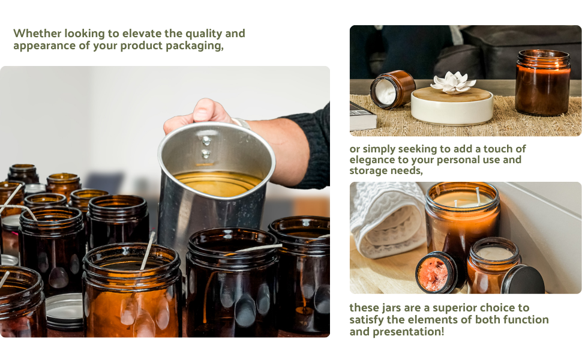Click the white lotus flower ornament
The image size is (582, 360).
click(x=453, y=82)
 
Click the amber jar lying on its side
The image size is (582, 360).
click(x=391, y=89)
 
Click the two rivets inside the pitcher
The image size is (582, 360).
click(x=206, y=147)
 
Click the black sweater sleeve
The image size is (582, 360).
click(x=314, y=144)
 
